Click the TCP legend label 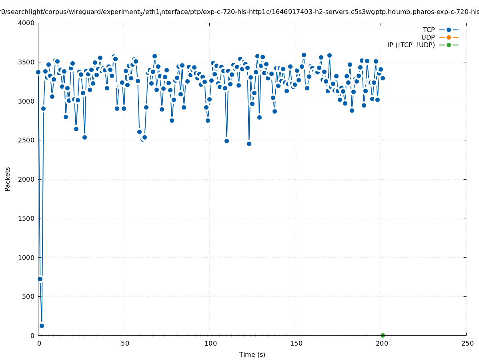[429, 30]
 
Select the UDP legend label [428, 37]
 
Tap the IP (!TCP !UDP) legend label [411, 45]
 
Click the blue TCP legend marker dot [449, 30]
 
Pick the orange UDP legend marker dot [449, 37]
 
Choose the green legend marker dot [449, 45]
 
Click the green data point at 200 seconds [383, 335]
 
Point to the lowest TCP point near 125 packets [42, 326]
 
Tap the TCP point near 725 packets [40, 279]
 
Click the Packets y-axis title [8, 179]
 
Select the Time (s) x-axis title [252, 354]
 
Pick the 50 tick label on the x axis [125, 343]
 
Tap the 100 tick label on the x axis [210, 343]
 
